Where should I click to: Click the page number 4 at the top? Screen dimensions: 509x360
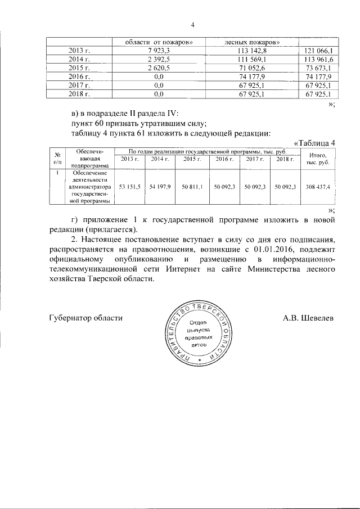(192, 25)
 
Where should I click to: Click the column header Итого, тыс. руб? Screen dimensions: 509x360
(317, 159)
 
